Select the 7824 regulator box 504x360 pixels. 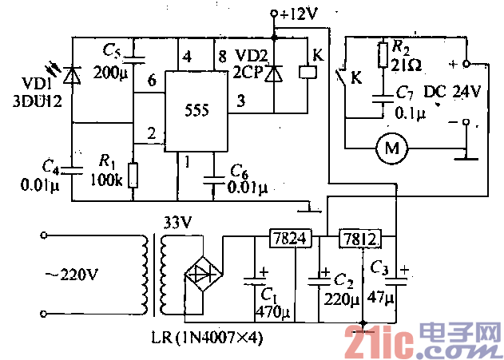[282, 238]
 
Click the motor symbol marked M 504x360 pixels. [391, 148]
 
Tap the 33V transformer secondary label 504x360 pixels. [177, 220]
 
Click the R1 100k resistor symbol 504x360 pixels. [133, 175]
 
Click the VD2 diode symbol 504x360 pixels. [276, 73]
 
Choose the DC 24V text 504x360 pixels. [453, 92]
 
